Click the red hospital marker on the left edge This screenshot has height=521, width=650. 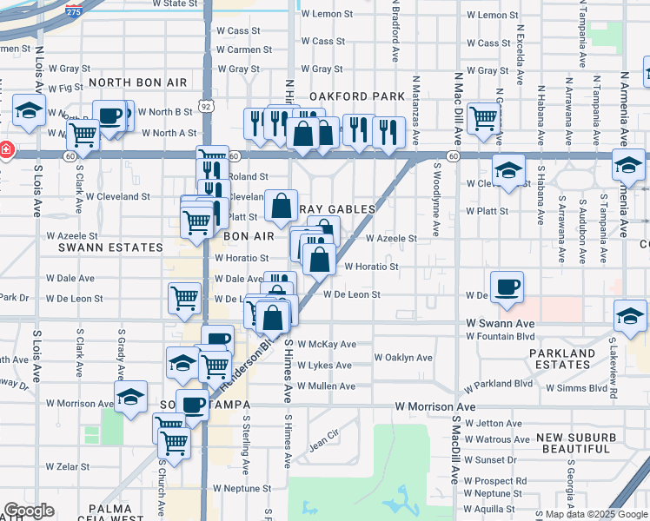coord(4,149)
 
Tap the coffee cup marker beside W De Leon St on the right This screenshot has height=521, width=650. coord(506,287)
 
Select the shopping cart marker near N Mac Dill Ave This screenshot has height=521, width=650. coord(482,118)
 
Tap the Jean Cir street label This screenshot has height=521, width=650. coord(323,440)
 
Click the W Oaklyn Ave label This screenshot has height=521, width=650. coord(403,358)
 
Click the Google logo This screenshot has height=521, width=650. coord(30,511)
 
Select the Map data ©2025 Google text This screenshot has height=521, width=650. coord(596,514)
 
